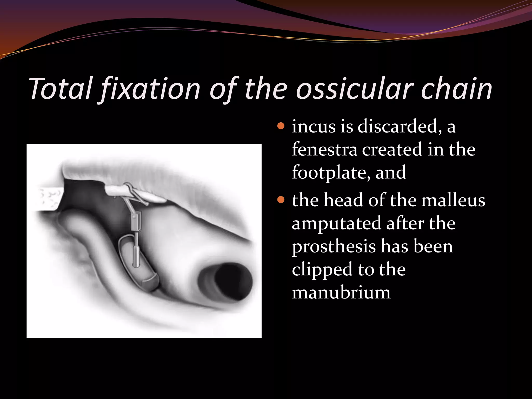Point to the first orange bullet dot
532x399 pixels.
point(281,127)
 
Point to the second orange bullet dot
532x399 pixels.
point(281,200)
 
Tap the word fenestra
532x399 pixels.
point(325,150)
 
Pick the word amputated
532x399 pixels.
point(336,223)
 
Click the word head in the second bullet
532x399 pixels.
point(343,200)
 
